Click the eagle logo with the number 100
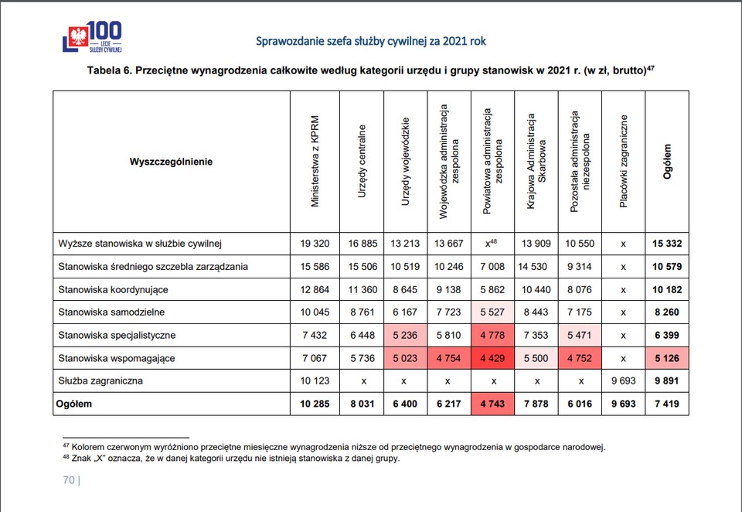pyautogui.click(x=92, y=36)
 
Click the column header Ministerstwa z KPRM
pyautogui.click(x=315, y=161)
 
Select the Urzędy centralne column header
pyautogui.click(x=362, y=161)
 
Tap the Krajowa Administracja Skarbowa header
pyautogui.click(x=536, y=161)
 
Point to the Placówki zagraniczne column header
pyautogui.click(x=624, y=161)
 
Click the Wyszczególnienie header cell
pyautogui.click(x=171, y=162)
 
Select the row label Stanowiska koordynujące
pyautogui.click(x=113, y=290)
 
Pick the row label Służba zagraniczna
pyautogui.click(x=100, y=381)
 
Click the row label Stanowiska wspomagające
pyautogui.click(x=117, y=359)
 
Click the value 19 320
pyautogui.click(x=315, y=244)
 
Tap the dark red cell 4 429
pyautogui.click(x=492, y=358)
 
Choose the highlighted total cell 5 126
pyautogui.click(x=667, y=358)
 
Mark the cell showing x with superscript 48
pyautogui.click(x=492, y=243)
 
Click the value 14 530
pyautogui.click(x=533, y=267)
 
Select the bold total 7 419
pyautogui.click(x=667, y=404)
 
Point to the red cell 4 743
pyautogui.click(x=492, y=404)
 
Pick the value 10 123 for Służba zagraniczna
pyautogui.click(x=315, y=381)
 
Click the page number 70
pyautogui.click(x=69, y=480)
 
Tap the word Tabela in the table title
pyautogui.click(x=103, y=70)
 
